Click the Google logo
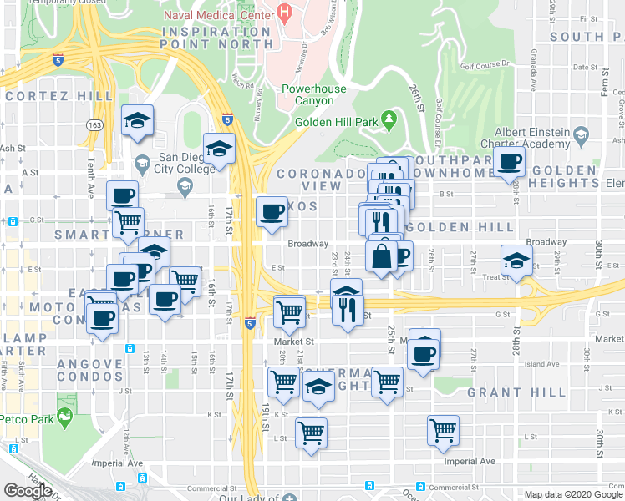[x=28, y=491]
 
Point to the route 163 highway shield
[x=93, y=124]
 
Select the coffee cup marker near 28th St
[x=509, y=162]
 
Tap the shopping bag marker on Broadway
[x=381, y=256]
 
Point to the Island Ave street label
[x=544, y=364]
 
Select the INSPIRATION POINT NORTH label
[x=217, y=38]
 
